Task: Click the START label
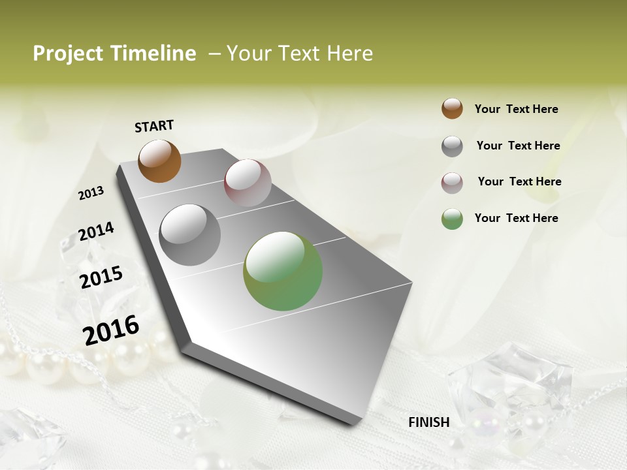tap(154, 126)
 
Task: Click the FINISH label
tap(429, 422)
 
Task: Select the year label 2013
tap(91, 193)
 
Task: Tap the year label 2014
tap(97, 231)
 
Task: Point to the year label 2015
tap(101, 277)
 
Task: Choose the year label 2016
tap(111, 330)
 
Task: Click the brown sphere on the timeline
tap(159, 161)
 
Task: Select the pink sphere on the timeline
tap(248, 183)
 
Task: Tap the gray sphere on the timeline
tap(190, 235)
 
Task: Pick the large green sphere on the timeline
tap(283, 271)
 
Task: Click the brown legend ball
tap(452, 109)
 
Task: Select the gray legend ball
tap(452, 146)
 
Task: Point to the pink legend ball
tap(452, 183)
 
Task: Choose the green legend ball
tap(452, 219)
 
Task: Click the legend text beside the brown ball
tap(516, 110)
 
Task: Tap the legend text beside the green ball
tap(516, 218)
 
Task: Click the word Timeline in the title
tap(156, 54)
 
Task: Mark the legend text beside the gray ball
tap(518, 146)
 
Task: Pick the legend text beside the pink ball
tap(519, 181)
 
